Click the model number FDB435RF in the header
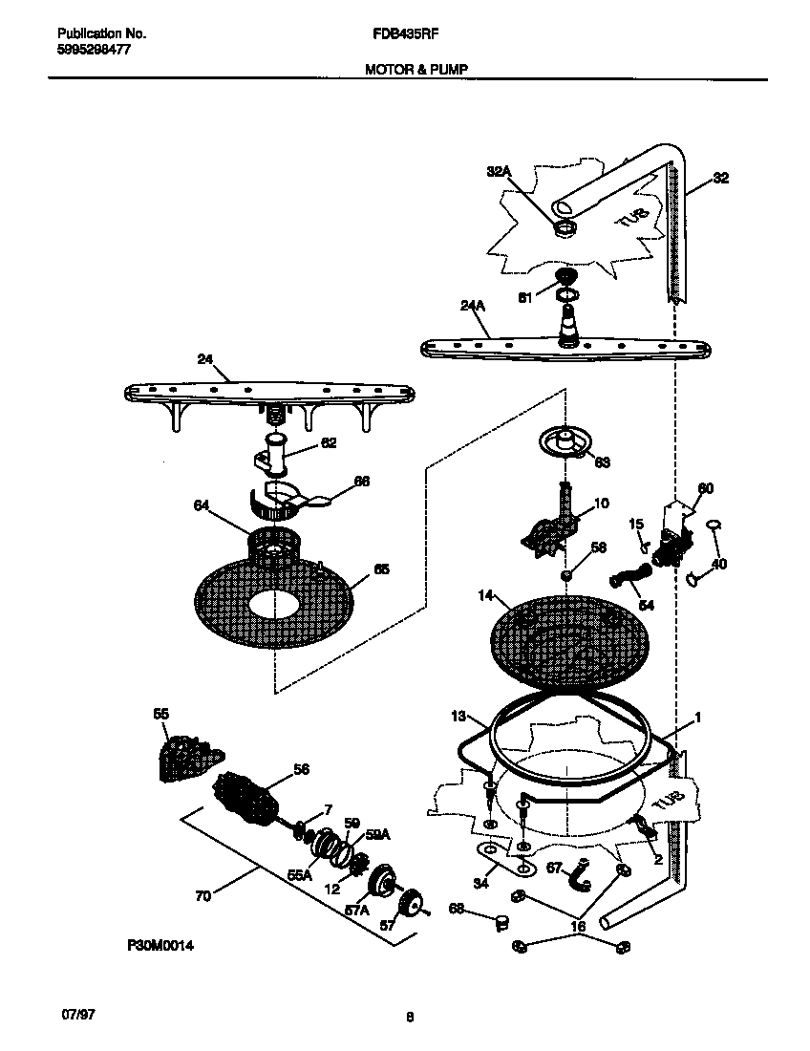pos(398,32)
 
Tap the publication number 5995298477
pos(87,50)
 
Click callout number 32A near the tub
pos(500,171)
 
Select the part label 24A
pos(473,307)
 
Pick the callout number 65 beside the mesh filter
pos(381,568)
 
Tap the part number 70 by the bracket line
pos(202,895)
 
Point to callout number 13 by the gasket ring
pos(458,715)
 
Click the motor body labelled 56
pos(251,799)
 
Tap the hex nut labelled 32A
pos(565,228)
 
